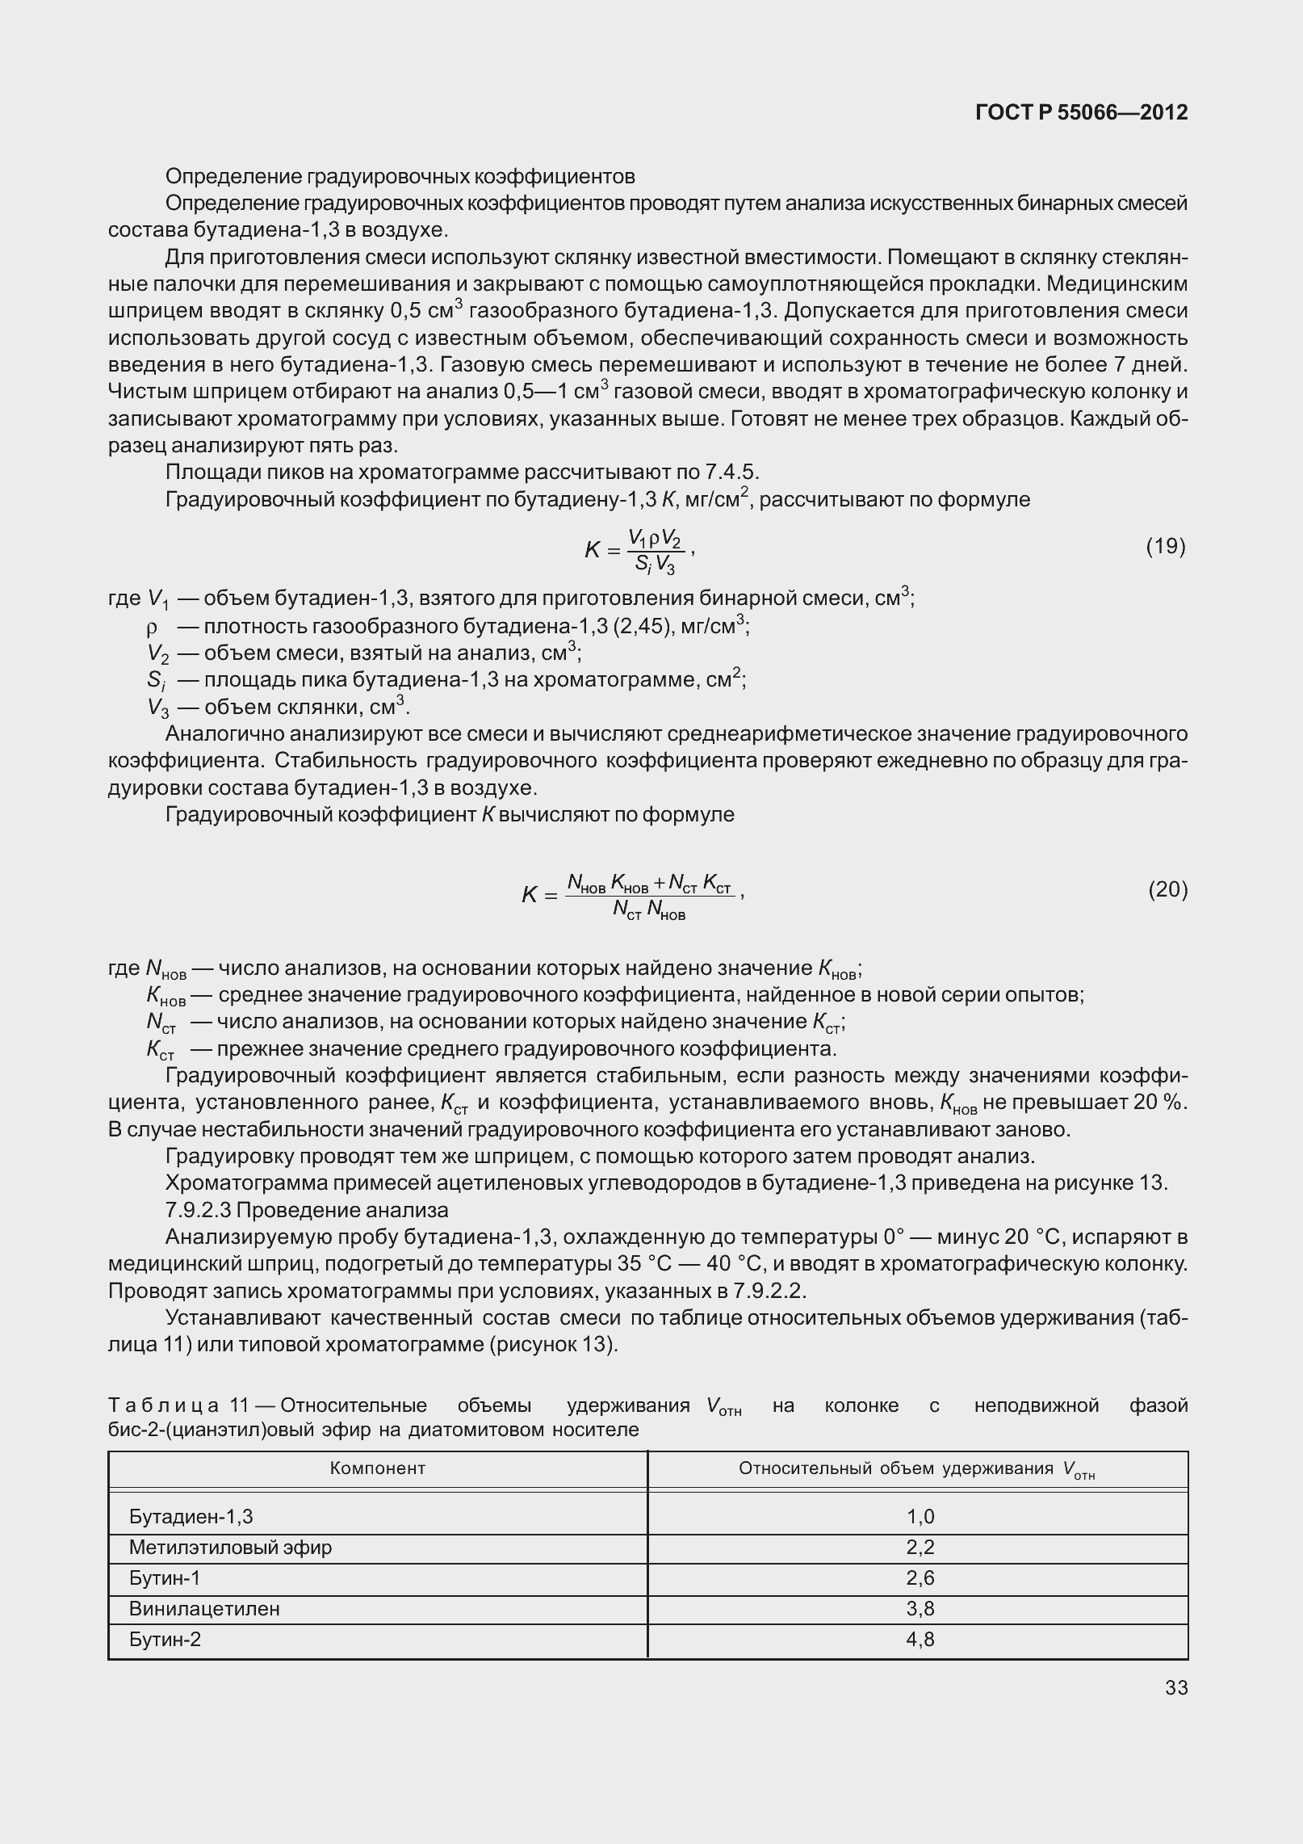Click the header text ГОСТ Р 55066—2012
click(x=1081, y=112)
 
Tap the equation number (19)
click(x=1165, y=547)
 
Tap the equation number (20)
click(x=1167, y=890)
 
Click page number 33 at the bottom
click(x=1176, y=1688)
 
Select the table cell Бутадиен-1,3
click(x=191, y=1517)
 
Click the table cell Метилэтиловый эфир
click(x=230, y=1548)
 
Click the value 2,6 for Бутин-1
click(x=920, y=1578)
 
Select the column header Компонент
click(x=377, y=1468)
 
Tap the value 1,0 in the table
click(x=920, y=1517)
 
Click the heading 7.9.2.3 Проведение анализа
click(x=307, y=1210)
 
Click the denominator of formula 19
click(x=654, y=565)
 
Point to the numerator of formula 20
click(x=649, y=882)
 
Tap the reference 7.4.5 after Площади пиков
click(x=730, y=472)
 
